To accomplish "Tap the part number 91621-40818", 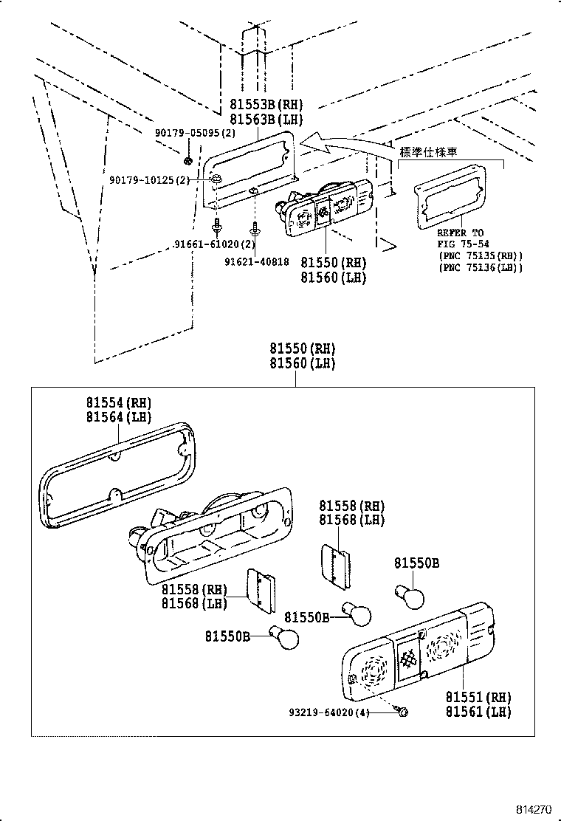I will (258, 261).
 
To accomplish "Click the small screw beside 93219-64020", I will (402, 712).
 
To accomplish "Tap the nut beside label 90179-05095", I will (188, 160).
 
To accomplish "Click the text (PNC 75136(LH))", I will (480, 267).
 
